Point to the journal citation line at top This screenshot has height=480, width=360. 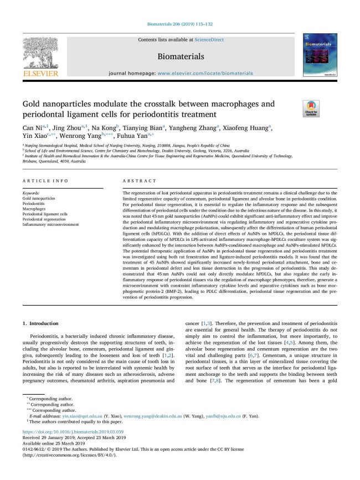pyautogui.click(x=179, y=24)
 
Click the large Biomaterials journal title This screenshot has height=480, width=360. pyautogui.click(x=180, y=56)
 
